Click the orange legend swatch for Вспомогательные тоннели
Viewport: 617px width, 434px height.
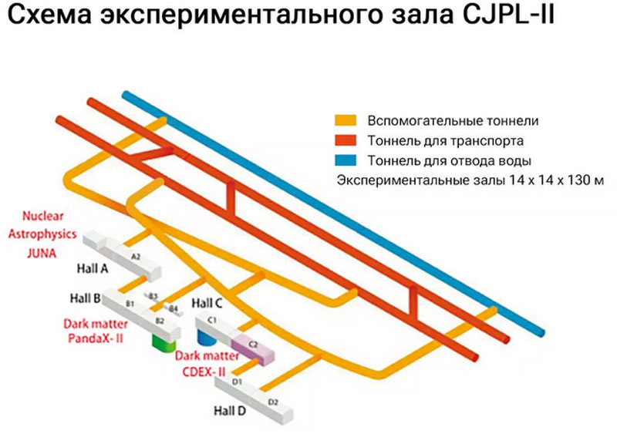coord(344,121)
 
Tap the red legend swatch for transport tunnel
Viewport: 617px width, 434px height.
coord(344,141)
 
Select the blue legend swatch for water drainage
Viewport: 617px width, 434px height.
coord(344,160)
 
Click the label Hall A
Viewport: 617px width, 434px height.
coord(95,269)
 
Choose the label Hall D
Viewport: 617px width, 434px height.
coord(230,411)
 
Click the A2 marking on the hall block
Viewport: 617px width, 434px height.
coord(135,255)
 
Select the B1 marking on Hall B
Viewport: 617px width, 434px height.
coord(130,304)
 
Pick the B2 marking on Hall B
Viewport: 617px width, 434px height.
coord(160,320)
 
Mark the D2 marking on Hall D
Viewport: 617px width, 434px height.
coord(272,402)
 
